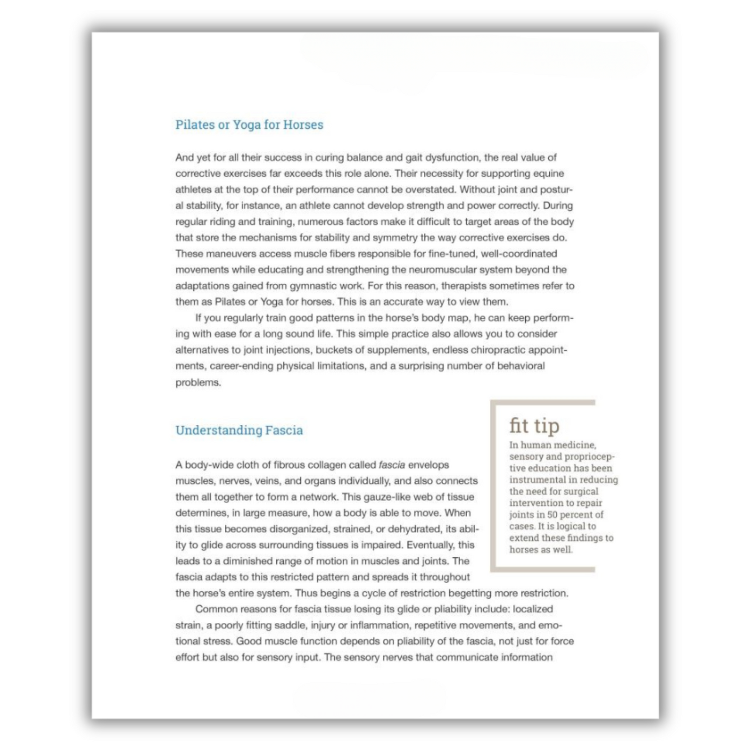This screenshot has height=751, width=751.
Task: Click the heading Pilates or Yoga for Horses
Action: [x=249, y=124]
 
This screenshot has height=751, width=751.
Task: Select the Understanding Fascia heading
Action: [x=239, y=430]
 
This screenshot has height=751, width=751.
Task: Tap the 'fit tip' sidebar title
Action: [x=534, y=425]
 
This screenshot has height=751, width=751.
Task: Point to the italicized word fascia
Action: [x=392, y=465]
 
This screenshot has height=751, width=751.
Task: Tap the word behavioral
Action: [x=518, y=366]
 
